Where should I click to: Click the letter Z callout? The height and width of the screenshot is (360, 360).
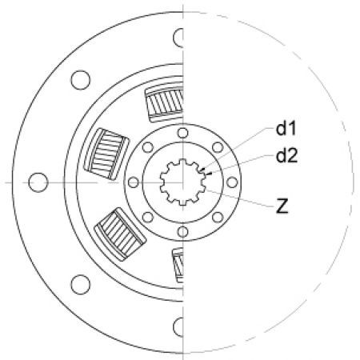282,207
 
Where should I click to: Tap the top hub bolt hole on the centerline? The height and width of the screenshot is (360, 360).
183,133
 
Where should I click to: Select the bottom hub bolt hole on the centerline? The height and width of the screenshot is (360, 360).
183,232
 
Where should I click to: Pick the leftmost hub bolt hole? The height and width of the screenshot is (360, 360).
134,182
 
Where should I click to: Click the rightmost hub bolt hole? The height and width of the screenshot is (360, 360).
232,182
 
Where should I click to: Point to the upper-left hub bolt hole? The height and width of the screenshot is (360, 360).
148,147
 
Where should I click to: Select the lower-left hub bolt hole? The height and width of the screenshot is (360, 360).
148,218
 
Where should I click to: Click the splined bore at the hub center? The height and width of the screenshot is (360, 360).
183,182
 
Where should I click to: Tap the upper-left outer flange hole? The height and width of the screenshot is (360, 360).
78,80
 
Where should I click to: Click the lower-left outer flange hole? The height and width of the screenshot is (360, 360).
78,285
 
